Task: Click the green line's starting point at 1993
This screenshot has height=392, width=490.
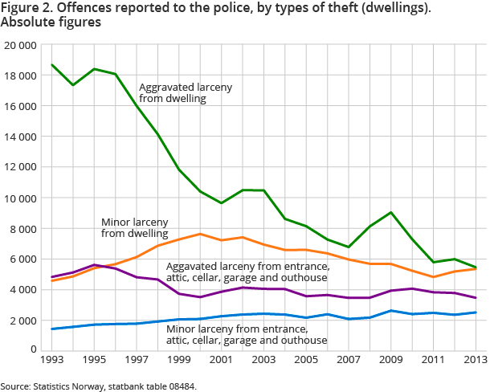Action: pos(53,64)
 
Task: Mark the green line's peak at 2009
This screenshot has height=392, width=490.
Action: pos(390,212)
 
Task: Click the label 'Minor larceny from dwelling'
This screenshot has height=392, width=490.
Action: pos(135,227)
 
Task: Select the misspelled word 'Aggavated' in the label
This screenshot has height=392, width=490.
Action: pos(190,266)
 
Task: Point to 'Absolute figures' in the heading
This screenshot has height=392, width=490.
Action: pos(51,22)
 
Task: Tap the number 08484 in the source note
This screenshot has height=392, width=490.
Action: pos(181,386)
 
